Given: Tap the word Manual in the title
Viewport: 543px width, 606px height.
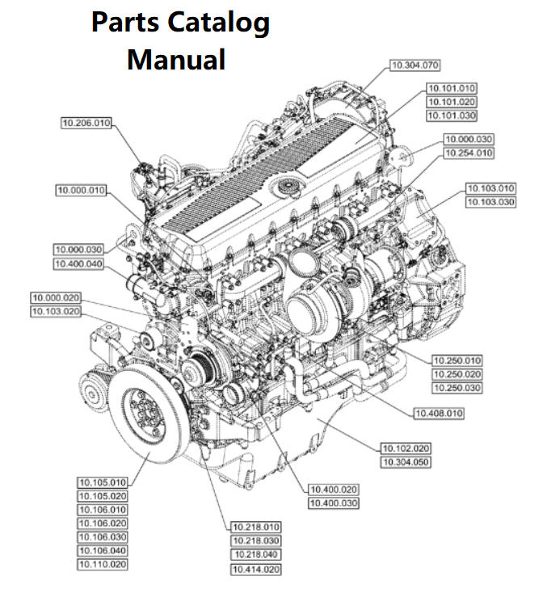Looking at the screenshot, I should [175, 59].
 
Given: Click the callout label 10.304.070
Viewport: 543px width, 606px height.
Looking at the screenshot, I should [415, 64].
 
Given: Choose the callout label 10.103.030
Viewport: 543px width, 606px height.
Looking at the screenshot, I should [490, 202].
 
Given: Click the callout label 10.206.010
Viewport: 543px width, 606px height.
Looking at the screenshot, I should [86, 123].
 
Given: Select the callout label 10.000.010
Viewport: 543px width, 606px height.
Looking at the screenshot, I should [81, 190].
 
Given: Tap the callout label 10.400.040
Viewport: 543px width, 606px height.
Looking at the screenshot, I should [79, 263].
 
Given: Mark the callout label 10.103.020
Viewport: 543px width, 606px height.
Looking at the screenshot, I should [57, 311].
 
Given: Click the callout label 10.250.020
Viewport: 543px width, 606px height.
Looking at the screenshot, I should [457, 374].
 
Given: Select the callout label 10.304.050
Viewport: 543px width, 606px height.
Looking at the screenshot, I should [405, 462].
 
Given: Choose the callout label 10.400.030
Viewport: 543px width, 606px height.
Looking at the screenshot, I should [334, 503].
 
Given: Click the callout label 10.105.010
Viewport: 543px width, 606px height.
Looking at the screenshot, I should [103, 482].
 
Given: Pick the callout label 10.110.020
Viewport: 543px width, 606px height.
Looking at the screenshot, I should [103, 564].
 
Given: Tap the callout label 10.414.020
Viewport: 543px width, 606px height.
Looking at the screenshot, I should [255, 569].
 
